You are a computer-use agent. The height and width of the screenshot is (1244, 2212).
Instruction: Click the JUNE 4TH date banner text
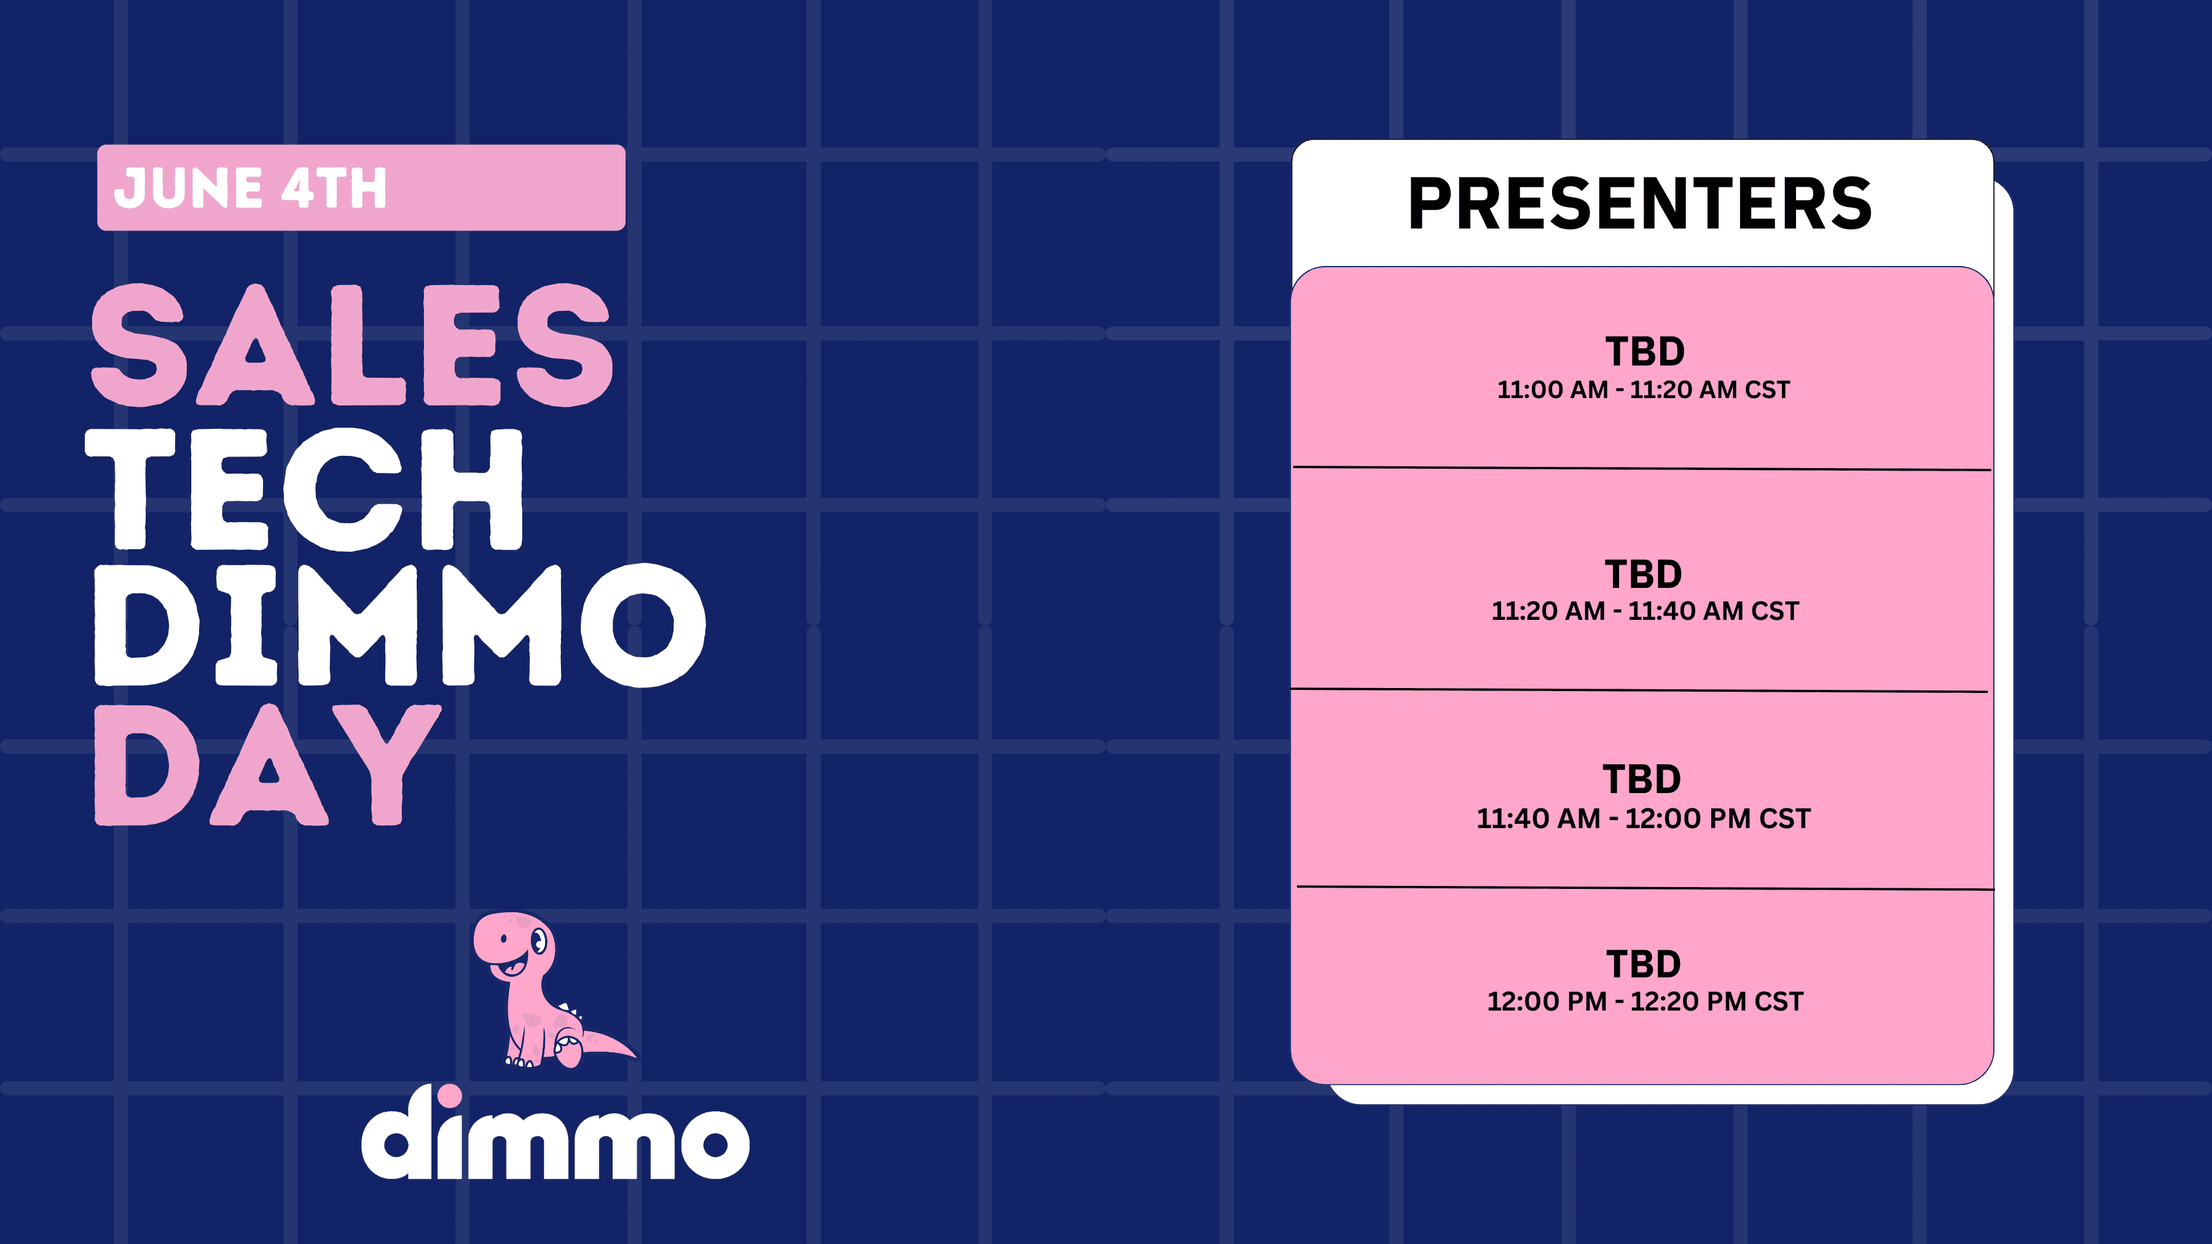tap(251, 188)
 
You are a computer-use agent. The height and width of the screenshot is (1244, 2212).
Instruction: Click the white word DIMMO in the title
tap(400, 625)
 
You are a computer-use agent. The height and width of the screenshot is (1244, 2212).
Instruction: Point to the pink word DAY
tap(268, 765)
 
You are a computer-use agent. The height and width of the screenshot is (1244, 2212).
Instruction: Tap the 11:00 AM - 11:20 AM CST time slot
tap(1644, 389)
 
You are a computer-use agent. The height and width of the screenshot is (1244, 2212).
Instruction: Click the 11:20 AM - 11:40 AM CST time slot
tap(1644, 611)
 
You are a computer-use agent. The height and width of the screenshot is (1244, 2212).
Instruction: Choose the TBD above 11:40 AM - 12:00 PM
tap(1642, 780)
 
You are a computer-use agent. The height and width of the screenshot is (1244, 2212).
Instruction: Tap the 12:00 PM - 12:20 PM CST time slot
tap(1644, 1001)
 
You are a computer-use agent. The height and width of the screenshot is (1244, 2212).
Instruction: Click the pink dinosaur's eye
tap(539, 942)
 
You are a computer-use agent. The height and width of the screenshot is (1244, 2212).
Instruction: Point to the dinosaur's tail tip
tap(635, 1055)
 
